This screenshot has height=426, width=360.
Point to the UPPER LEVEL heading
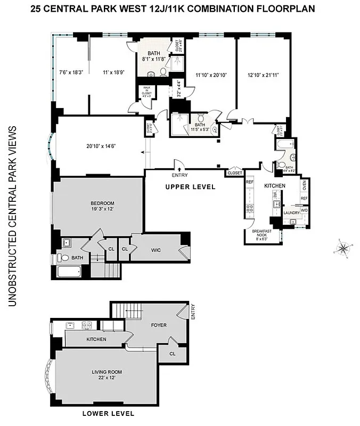click(190, 187)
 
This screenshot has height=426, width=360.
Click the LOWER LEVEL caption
click(108, 413)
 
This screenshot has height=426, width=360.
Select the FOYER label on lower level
click(159, 325)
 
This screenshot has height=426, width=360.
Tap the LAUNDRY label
click(291, 212)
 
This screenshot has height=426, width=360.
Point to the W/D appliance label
click(304, 210)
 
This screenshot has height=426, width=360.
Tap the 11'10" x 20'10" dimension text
click(211, 75)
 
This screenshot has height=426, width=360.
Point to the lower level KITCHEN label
click(96, 339)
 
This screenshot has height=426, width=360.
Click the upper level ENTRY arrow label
click(179, 175)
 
